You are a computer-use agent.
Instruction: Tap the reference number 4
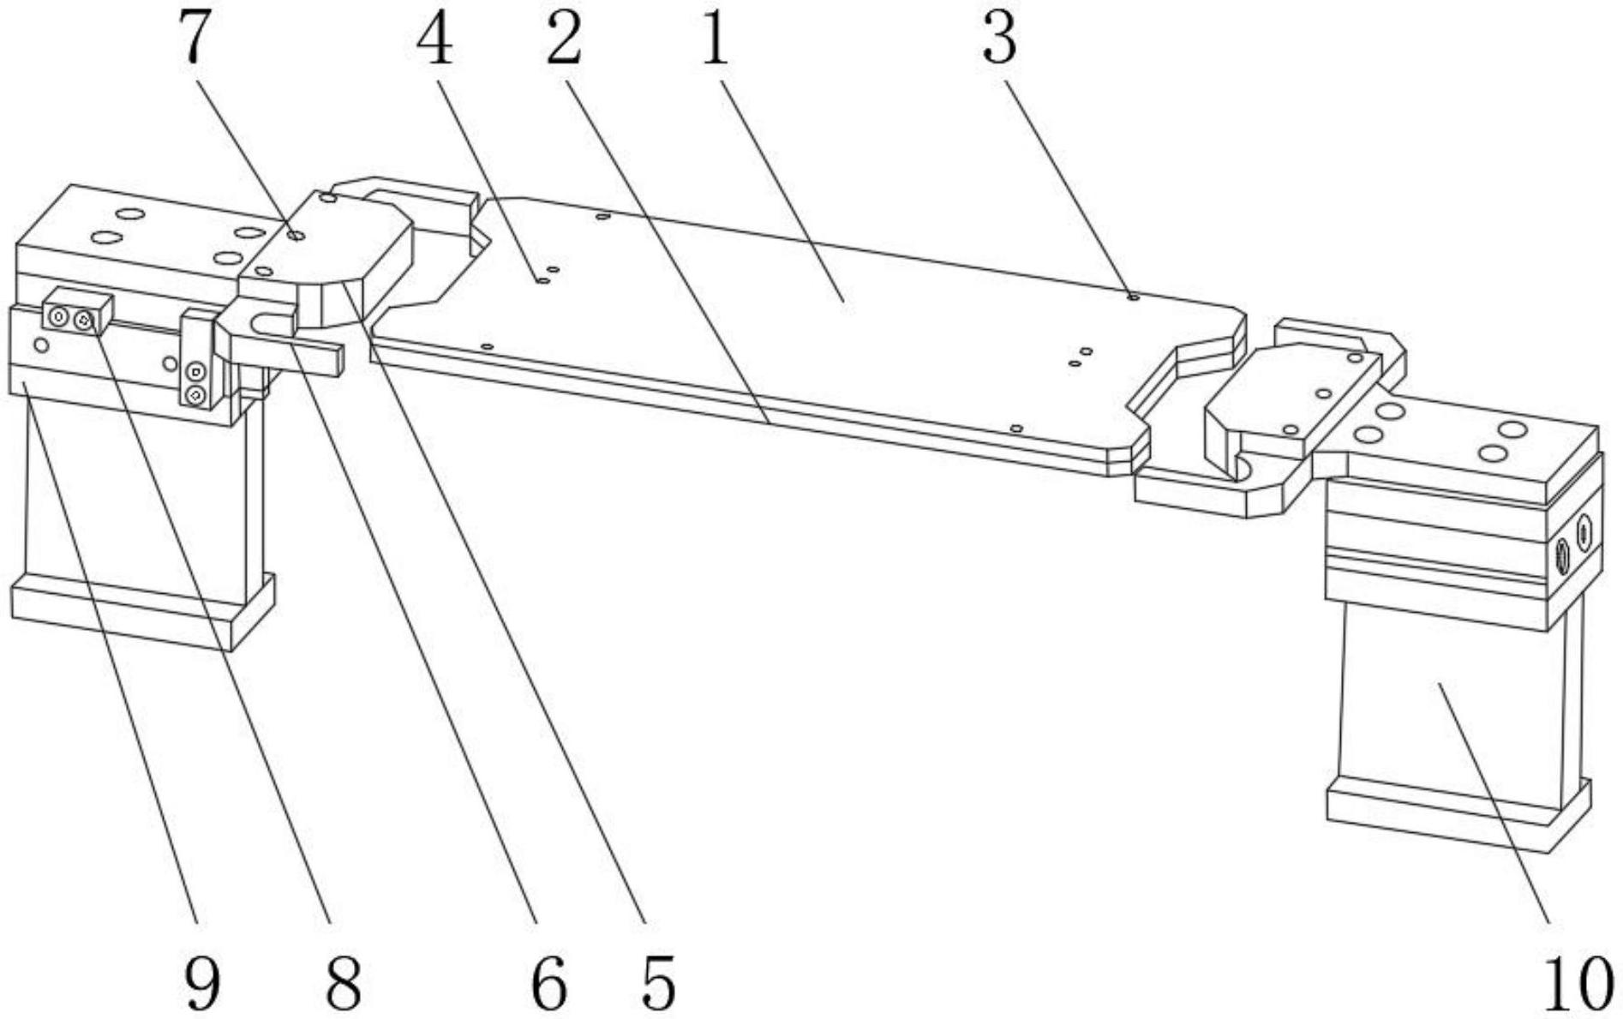point(434,39)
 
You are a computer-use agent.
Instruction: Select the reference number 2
point(563,39)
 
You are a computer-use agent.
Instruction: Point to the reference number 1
point(714,39)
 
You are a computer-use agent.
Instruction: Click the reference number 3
point(999,39)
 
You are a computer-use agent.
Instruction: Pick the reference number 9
point(202,984)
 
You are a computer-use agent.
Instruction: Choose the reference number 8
point(343,984)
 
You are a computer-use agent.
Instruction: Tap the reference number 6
point(548,984)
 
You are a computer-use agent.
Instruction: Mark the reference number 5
point(658,984)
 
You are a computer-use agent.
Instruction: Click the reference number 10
point(1577,984)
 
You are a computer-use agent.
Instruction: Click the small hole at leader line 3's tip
point(1133,297)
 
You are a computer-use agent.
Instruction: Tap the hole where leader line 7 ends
point(296,234)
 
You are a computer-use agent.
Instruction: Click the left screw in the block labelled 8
point(59,317)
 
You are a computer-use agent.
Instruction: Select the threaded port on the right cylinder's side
point(1561,557)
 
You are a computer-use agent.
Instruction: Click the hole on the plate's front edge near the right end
point(1016,428)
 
